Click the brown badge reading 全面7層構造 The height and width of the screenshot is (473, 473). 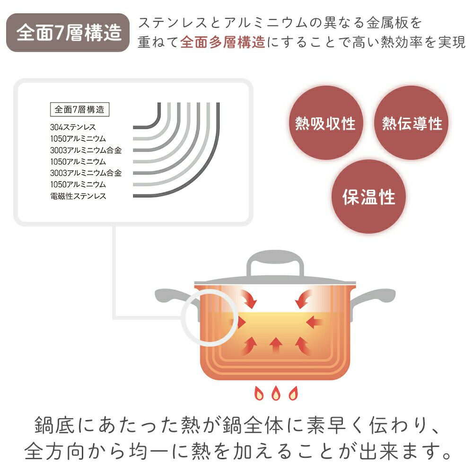(69, 33)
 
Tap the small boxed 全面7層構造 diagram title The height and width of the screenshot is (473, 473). (79, 110)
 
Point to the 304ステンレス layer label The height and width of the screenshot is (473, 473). (73, 127)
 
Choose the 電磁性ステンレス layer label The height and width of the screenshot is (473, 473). (78, 196)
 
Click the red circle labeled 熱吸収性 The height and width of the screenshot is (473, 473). (325, 123)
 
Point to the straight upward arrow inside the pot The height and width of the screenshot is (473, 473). (275, 346)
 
